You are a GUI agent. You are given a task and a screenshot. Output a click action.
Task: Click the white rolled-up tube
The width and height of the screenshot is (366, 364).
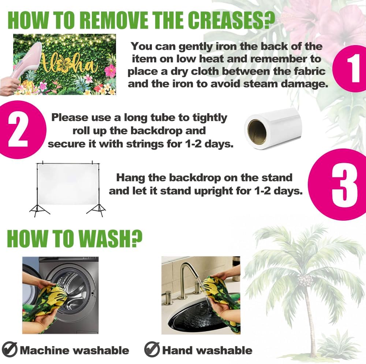273,128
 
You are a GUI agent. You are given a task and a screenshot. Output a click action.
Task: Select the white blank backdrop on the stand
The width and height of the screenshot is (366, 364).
68,184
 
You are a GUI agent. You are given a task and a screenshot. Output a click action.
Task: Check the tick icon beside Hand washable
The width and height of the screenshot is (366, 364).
152,349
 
